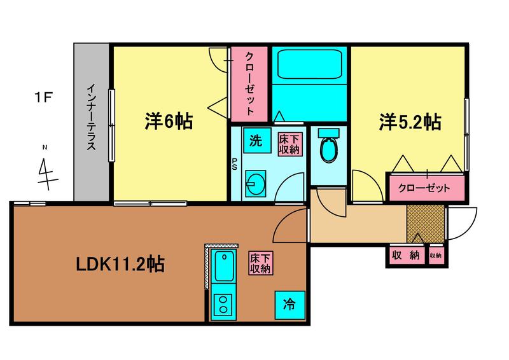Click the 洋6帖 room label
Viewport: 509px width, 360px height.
(169, 121)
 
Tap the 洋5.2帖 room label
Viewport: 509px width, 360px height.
(410, 122)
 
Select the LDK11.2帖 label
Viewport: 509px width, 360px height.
(120, 264)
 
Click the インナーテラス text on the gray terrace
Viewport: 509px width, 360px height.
(92, 117)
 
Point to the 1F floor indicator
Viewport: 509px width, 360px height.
(43, 97)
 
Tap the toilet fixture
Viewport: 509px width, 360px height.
(328, 146)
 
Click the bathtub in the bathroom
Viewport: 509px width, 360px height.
(310, 64)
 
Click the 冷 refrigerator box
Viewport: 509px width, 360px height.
(290, 305)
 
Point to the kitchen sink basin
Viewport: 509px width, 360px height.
(224, 266)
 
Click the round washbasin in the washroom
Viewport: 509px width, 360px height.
(256, 184)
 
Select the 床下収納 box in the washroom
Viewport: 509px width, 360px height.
(289, 144)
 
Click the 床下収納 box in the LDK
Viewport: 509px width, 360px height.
(261, 263)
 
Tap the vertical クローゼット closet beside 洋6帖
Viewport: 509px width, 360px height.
(249, 84)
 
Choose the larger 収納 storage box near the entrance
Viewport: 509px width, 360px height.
(407, 255)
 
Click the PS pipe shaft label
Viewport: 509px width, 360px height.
(234, 164)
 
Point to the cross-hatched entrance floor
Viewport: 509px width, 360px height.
(425, 224)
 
